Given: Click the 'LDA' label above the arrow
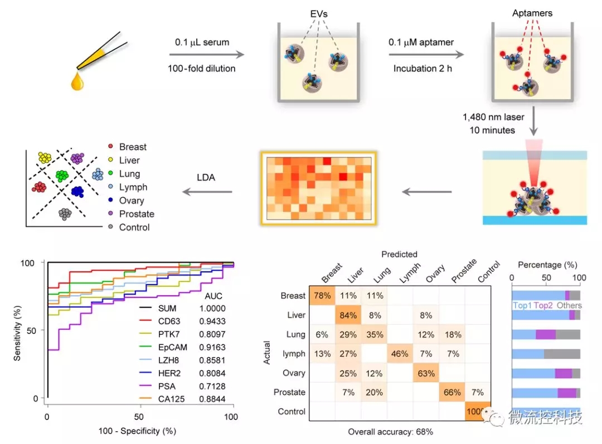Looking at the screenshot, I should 206,178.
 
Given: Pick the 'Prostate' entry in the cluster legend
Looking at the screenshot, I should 137,214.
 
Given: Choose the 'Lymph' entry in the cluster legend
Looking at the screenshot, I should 133,187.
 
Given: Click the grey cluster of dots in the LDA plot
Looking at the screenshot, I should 65,213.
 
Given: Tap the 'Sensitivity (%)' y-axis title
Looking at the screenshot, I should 17,330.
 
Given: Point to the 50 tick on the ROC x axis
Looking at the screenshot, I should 139,416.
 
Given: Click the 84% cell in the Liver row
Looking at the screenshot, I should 348,315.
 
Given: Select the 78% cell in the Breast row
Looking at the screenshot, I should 322,296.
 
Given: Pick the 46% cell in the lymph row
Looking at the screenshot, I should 400,354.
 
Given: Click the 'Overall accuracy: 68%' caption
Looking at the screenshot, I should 390,432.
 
